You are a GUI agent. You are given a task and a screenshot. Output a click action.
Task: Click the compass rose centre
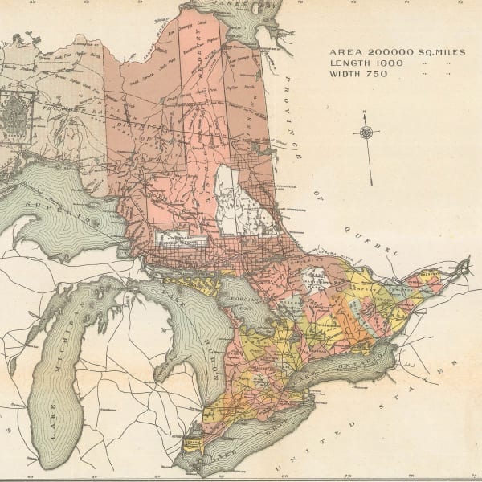click(366, 133)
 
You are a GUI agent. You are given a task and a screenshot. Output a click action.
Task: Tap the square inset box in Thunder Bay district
click(16, 117)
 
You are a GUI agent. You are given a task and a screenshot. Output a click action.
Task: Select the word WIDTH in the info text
click(345, 74)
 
